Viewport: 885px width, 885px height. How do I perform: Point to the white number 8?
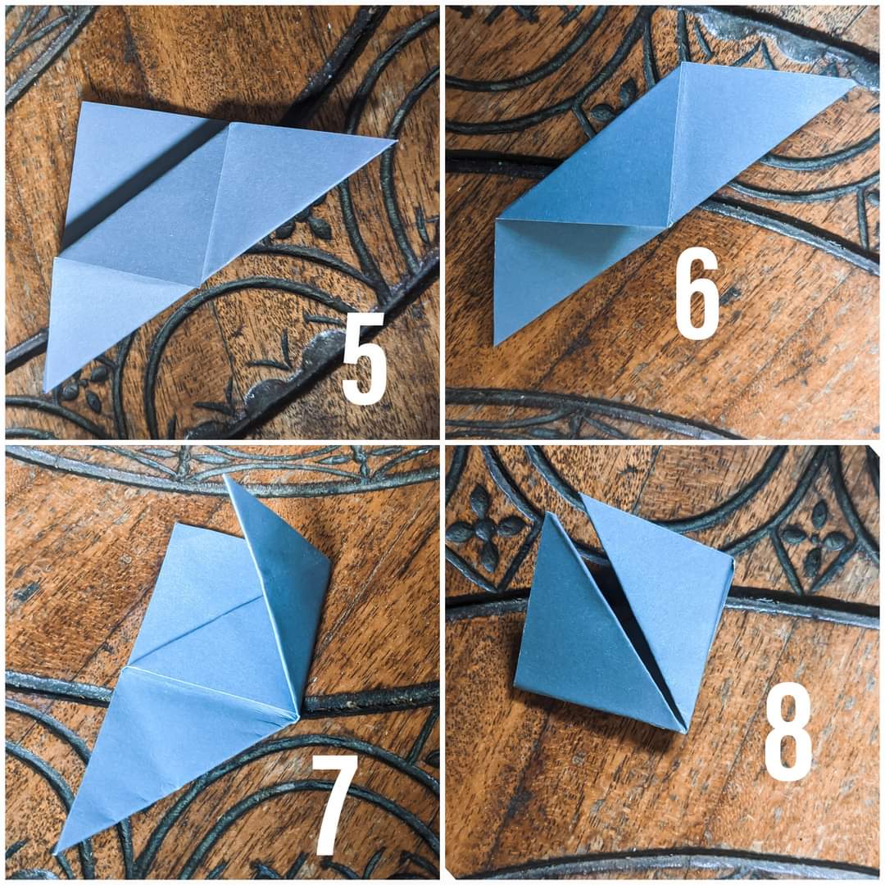click(788, 732)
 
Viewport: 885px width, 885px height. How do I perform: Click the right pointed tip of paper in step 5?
click(397, 139)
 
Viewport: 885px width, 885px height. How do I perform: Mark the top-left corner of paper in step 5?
click(83, 102)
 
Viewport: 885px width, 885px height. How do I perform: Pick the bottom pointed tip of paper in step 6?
click(495, 345)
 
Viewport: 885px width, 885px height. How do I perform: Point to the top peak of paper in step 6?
click(682, 62)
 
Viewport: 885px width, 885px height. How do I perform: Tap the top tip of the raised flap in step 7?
click(225, 475)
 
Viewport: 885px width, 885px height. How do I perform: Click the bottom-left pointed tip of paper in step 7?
click(55, 852)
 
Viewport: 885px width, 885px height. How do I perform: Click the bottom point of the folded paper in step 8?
click(684, 732)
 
